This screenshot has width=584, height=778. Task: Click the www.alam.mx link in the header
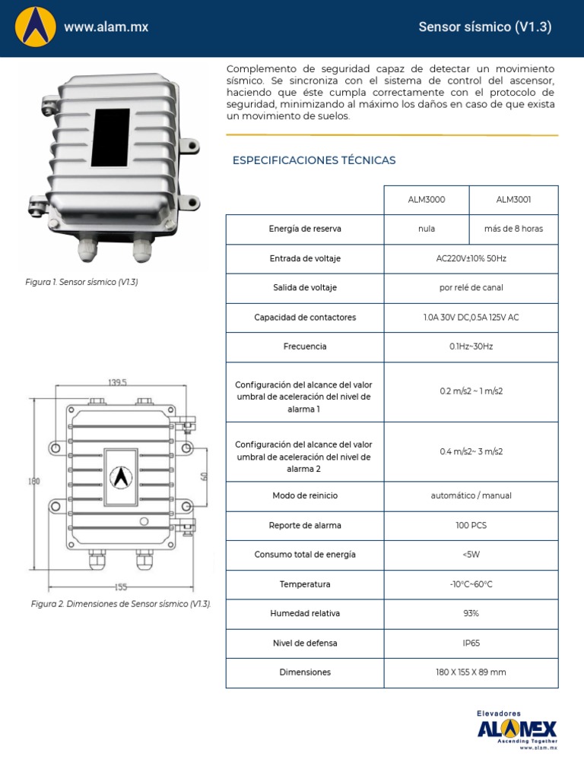click(x=106, y=27)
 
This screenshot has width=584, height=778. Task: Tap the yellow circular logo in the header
click(x=36, y=27)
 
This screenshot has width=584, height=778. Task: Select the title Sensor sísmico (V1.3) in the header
click(x=484, y=27)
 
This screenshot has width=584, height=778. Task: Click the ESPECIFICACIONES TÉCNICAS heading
click(x=314, y=160)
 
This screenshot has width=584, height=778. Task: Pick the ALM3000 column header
click(x=427, y=200)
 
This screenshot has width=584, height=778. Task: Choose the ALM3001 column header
click(x=513, y=200)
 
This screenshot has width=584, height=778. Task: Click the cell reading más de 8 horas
click(x=513, y=229)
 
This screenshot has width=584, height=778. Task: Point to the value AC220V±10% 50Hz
click(x=471, y=258)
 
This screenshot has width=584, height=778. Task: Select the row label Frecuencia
click(x=304, y=346)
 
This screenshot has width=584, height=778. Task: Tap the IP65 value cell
click(x=471, y=643)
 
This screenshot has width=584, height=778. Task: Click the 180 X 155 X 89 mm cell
click(x=471, y=672)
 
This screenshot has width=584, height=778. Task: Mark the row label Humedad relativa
click(x=304, y=613)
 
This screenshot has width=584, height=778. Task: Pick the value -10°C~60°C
click(x=471, y=584)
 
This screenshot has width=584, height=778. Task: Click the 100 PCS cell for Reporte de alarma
click(x=471, y=525)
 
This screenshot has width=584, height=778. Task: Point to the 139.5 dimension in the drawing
click(x=118, y=382)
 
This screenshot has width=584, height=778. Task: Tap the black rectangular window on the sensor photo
click(x=110, y=138)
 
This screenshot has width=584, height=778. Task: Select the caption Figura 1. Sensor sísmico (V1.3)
click(x=82, y=282)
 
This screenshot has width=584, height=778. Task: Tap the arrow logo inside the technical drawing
click(x=119, y=477)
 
